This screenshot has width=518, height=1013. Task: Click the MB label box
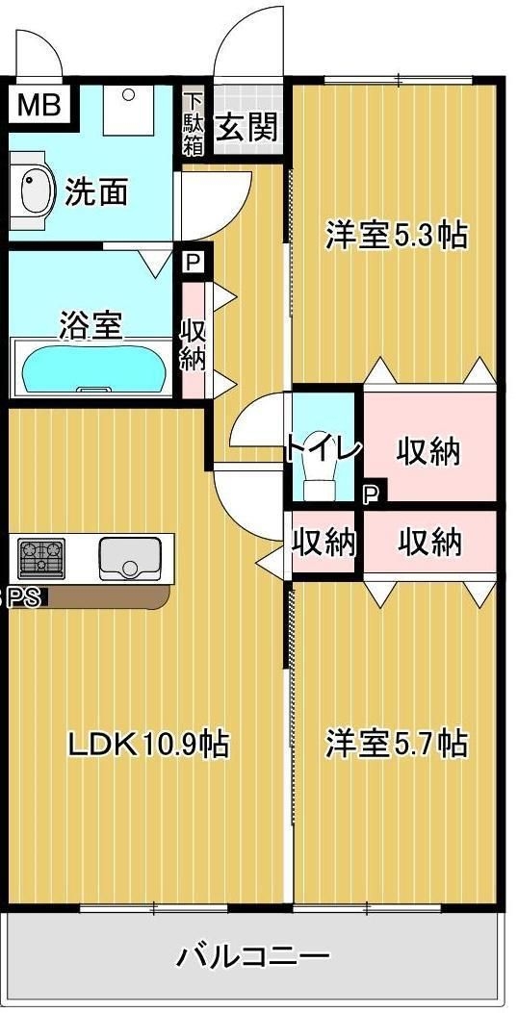36,105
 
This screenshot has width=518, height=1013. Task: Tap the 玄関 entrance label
247,127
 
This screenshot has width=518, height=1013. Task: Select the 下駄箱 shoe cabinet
194,122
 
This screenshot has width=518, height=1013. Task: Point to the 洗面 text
96,191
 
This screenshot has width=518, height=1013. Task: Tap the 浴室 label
91,324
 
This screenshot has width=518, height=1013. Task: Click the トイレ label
324,448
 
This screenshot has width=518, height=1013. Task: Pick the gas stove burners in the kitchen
42,557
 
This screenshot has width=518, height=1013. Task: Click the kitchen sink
130,557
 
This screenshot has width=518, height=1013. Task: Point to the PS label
25,597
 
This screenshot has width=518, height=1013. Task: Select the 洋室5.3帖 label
396,234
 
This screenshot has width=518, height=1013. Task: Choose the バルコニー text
253,956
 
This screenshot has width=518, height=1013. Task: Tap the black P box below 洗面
194,262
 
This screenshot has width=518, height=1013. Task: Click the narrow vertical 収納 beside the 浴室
194,341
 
